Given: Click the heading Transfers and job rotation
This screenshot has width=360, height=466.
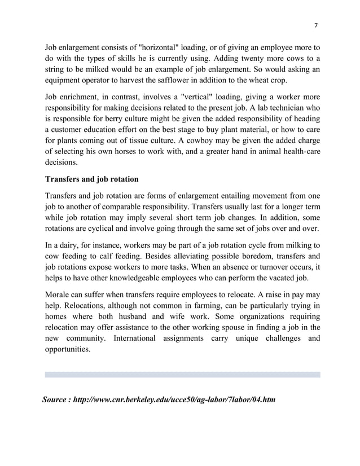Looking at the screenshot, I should tap(91, 179).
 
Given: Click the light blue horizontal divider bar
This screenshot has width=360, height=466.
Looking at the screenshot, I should tap(182, 375).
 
